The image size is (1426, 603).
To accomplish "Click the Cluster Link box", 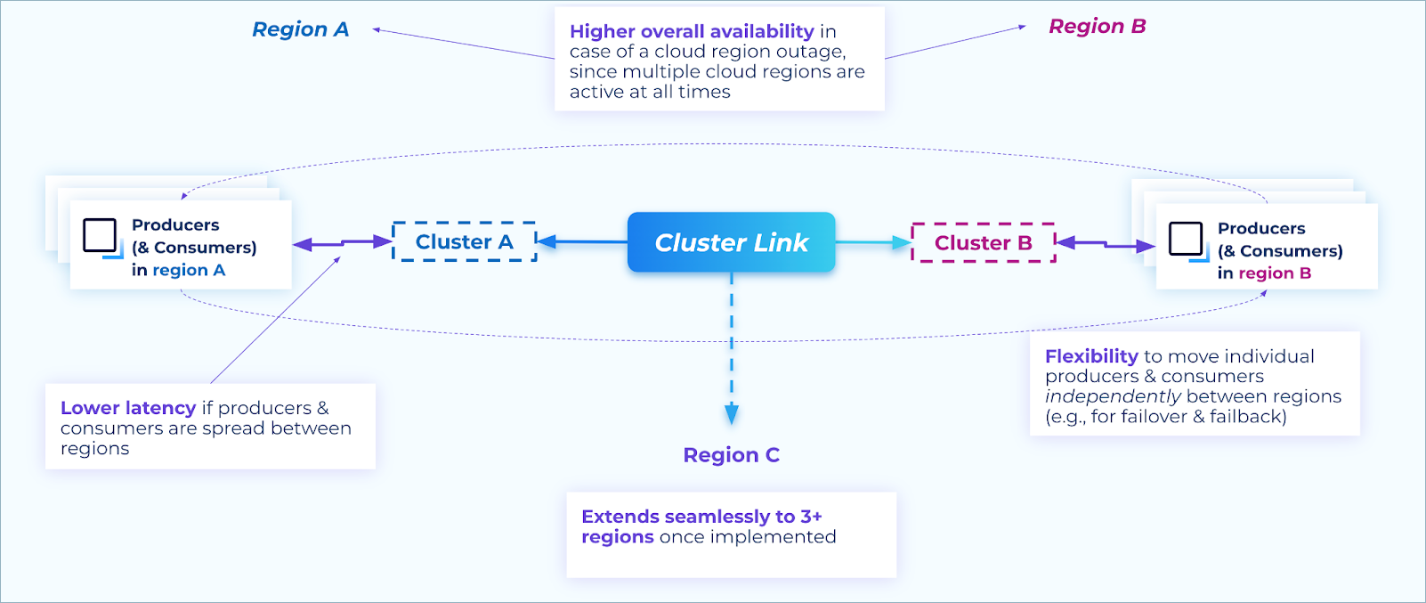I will (x=731, y=242).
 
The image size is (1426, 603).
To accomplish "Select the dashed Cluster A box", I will (x=464, y=241).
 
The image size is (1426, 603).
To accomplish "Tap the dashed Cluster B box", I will (x=983, y=242).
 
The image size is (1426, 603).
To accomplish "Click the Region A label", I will (x=300, y=29).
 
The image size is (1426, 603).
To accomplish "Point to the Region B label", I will (x=1097, y=27).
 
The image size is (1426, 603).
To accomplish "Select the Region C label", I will (x=731, y=455).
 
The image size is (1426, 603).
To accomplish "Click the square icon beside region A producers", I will (x=101, y=236).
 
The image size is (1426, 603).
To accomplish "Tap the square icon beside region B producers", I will (x=1187, y=240).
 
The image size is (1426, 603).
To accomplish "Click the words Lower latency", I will (x=128, y=408).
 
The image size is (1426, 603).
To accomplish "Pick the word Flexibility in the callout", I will (x=1091, y=356).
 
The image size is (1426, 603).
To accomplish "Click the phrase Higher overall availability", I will (x=692, y=31).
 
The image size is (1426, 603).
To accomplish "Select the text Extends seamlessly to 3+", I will (x=701, y=517).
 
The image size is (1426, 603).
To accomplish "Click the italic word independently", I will (x=1113, y=396).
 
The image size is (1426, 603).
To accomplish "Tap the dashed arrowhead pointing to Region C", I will (x=732, y=413).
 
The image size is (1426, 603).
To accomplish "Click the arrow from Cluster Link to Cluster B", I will (x=872, y=242).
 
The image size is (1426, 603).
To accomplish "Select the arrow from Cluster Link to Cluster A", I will (x=582, y=241).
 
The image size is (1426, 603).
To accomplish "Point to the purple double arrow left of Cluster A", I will (x=343, y=242).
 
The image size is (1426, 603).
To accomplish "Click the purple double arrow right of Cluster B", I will (x=1105, y=244).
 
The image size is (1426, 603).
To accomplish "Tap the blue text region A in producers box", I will (x=189, y=270).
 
